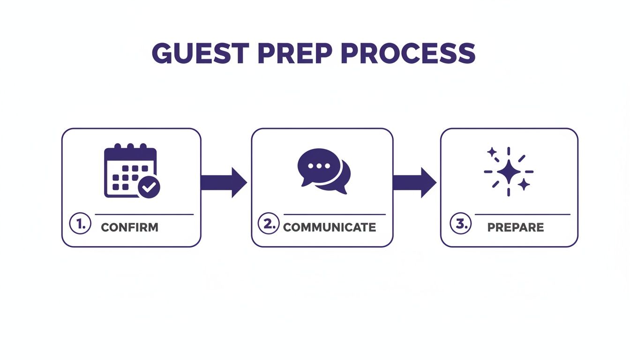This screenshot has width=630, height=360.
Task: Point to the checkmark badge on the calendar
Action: (149, 187)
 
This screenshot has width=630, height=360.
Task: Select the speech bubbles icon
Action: (323, 171)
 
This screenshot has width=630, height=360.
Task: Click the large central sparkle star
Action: (509, 172)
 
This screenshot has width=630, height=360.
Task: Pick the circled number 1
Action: (79, 224)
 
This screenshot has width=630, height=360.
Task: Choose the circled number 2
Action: (269, 224)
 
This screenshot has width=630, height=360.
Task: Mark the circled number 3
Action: (460, 224)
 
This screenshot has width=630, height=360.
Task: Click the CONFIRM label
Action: (130, 228)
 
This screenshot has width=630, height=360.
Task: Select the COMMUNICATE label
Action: (330, 228)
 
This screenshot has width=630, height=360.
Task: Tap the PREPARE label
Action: (516, 228)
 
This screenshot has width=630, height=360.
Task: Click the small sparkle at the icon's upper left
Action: (492, 152)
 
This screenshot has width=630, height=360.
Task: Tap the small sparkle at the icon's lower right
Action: (525, 184)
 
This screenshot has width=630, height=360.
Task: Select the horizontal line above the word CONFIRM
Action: (144, 215)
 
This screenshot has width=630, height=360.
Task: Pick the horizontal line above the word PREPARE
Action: (522, 215)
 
